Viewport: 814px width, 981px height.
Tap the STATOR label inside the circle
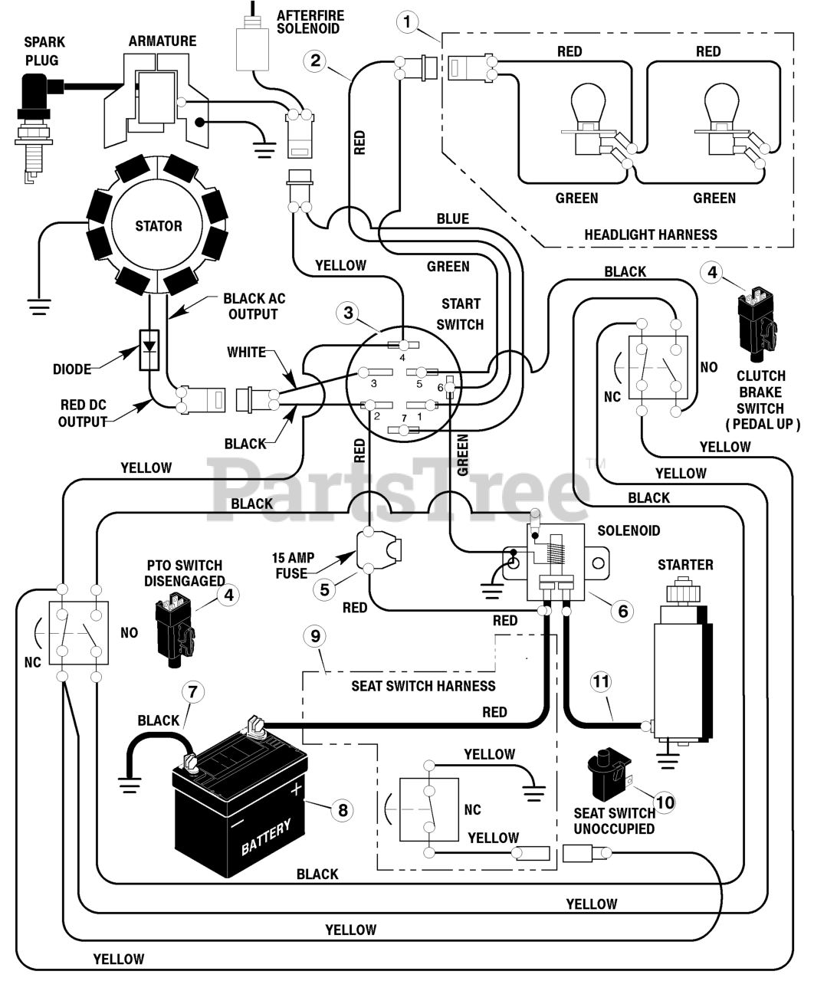[x=159, y=226]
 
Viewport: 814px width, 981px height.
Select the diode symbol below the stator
[x=149, y=350]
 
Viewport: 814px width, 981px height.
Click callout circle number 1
[x=407, y=21]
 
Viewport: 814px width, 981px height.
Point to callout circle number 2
[x=315, y=60]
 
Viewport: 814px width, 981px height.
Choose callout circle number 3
[x=348, y=313]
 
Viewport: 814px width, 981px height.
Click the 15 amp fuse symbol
[x=379, y=550]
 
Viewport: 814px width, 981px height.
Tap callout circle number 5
[x=325, y=589]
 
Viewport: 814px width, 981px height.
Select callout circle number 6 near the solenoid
[x=622, y=612]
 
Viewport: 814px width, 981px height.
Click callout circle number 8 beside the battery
[x=343, y=810]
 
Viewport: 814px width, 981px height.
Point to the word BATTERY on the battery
[x=266, y=837]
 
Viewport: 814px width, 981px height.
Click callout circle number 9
[x=315, y=636]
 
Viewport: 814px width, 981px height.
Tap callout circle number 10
[x=665, y=802]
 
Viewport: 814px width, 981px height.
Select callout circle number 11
[x=601, y=682]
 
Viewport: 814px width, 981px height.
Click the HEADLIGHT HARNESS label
[x=651, y=235]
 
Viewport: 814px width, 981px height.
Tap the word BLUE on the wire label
[x=452, y=219]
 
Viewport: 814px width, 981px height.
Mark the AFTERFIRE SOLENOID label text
[x=310, y=22]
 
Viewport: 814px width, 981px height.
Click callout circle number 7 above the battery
[x=192, y=692]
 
